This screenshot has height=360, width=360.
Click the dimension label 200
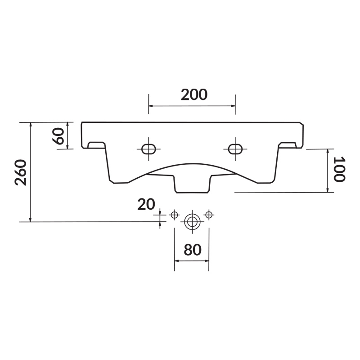(x=194, y=94)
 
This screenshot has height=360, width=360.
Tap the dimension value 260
(x=21, y=172)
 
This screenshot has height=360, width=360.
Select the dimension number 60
(x=59, y=136)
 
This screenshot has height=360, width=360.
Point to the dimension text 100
(x=339, y=169)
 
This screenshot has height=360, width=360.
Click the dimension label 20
(x=146, y=204)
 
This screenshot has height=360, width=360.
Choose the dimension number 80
(x=193, y=250)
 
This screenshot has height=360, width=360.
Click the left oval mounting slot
(x=148, y=149)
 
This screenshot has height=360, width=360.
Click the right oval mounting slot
(x=235, y=149)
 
